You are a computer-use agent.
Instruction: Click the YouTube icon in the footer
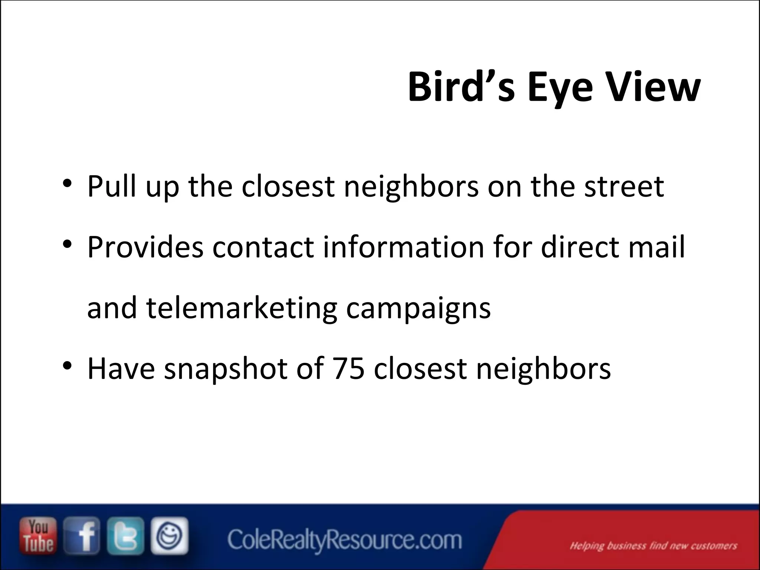38,535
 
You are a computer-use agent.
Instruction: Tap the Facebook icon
82,535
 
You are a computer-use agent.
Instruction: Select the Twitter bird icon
125,535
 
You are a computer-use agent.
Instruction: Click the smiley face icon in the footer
169,535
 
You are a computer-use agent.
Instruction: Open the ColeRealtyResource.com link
344,540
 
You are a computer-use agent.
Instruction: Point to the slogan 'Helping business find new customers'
653,546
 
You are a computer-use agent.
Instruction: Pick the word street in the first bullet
624,186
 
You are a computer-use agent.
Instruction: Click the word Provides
145,247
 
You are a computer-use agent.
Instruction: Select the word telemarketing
242,308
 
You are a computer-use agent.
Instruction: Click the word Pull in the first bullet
112,186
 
